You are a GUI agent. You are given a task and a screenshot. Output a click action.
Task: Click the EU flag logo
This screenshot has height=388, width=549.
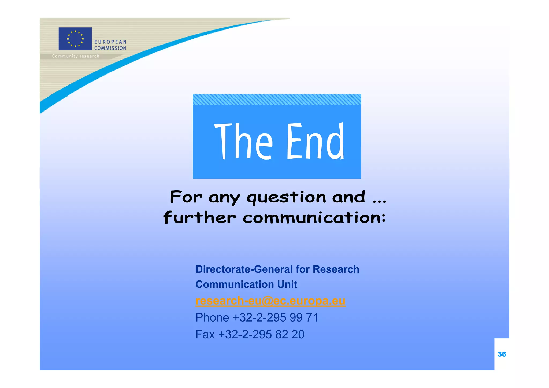(x=75, y=39)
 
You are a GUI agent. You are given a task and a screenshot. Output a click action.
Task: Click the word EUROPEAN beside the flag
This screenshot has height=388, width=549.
(x=110, y=42)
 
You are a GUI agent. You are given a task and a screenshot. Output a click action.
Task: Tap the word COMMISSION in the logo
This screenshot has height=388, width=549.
(x=110, y=48)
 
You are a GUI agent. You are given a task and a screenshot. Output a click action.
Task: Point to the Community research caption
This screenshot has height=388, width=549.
(x=76, y=56)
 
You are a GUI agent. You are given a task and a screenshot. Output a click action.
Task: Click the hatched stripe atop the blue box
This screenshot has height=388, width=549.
(x=277, y=100)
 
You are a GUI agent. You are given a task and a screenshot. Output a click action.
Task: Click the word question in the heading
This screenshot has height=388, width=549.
(x=286, y=198)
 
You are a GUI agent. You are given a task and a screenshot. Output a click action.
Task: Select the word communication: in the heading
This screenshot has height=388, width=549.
(x=314, y=217)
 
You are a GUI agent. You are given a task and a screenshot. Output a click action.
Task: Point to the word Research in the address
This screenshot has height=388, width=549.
(x=336, y=269)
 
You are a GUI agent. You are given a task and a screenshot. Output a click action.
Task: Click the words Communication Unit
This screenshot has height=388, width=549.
(x=246, y=284)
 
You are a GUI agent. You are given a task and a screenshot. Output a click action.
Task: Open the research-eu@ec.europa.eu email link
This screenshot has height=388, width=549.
(x=270, y=301)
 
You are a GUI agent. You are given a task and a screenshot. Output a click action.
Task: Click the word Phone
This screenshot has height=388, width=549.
(x=212, y=318)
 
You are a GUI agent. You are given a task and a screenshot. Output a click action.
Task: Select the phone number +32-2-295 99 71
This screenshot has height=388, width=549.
(x=275, y=318)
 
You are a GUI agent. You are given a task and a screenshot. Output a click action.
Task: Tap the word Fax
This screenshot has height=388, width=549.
(x=205, y=335)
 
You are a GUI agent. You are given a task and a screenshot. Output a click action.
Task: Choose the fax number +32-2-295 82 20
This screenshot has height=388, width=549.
(x=261, y=335)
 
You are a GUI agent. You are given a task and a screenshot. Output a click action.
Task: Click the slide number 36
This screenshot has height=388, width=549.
(x=502, y=354)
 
